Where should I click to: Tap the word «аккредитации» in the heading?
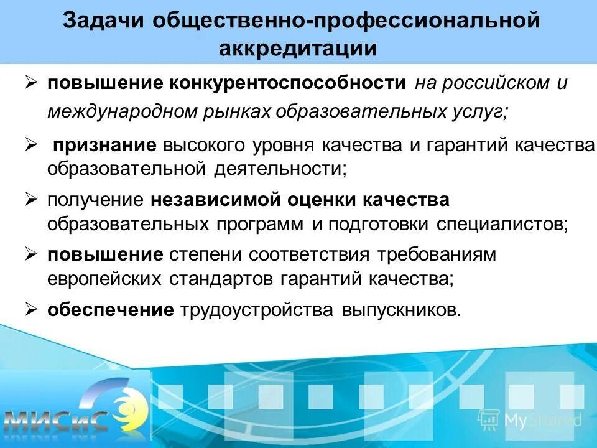tap(298, 49)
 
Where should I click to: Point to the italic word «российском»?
tap(489, 83)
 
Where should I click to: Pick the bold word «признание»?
tap(104, 146)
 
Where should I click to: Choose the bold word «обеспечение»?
tap(111, 310)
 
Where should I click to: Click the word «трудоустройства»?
tap(257, 310)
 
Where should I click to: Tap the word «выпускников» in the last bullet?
tap(400, 310)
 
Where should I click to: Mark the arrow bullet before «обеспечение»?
tap(32, 309)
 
